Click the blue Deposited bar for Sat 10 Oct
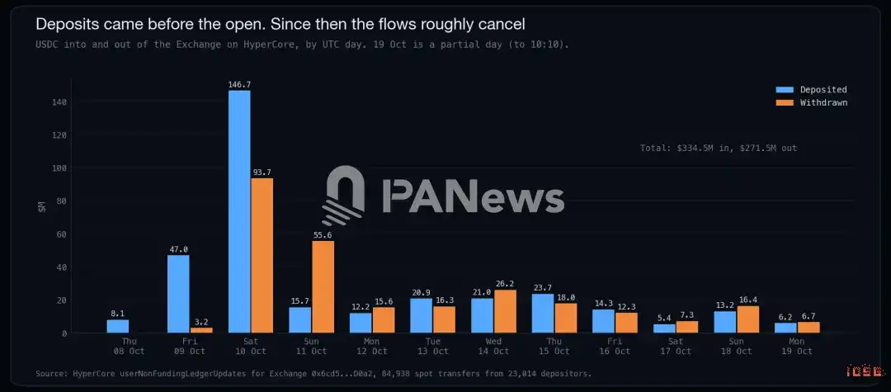tap(239, 211)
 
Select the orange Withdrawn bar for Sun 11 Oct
tap(323, 287)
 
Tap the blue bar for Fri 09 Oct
tap(178, 294)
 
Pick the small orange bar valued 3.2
tap(201, 330)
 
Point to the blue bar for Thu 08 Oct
tap(118, 326)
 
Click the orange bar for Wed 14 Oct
tap(505, 311)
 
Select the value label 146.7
tap(239, 85)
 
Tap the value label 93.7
tap(262, 172)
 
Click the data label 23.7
tap(543, 288)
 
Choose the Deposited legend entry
tap(812, 90)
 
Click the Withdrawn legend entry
tap(812, 103)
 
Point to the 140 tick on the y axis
tap(59, 102)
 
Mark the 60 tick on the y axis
tap(62, 234)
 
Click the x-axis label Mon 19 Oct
tap(797, 346)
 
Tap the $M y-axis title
tap(42, 206)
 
